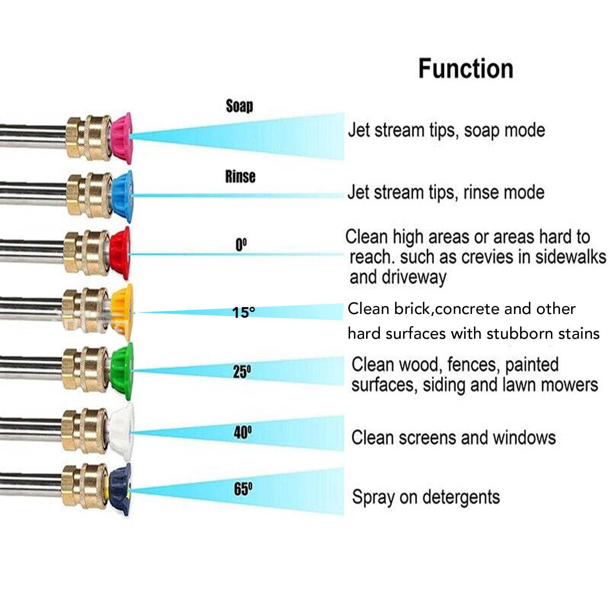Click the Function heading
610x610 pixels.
pyautogui.click(x=466, y=69)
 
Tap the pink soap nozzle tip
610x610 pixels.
pyautogui.click(x=121, y=138)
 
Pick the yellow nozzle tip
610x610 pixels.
pyautogui.click(x=122, y=312)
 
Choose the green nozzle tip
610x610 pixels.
pyautogui.click(x=122, y=371)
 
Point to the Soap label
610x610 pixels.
pyautogui.click(x=239, y=106)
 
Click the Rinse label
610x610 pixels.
pyautogui.click(x=240, y=176)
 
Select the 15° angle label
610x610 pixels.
pyautogui.click(x=243, y=312)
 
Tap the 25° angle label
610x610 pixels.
pyautogui.click(x=242, y=371)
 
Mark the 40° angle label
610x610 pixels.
pyautogui.click(x=243, y=432)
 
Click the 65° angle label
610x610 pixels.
pyautogui.click(x=243, y=489)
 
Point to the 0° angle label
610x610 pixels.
pyautogui.click(x=241, y=245)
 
